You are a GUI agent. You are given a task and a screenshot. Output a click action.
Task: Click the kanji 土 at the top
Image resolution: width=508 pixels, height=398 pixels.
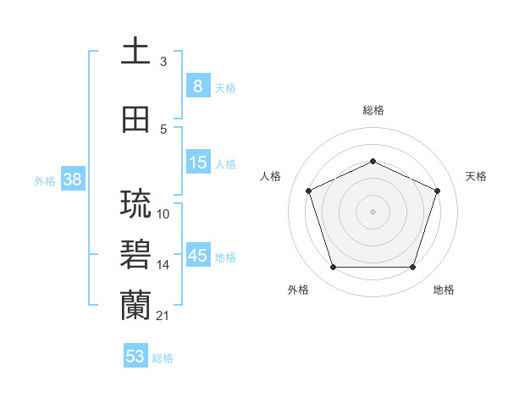[135, 52]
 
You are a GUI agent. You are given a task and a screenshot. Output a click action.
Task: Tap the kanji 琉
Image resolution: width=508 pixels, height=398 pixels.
[135, 204]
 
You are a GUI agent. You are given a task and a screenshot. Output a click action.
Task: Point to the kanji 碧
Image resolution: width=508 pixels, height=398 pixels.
[135, 255]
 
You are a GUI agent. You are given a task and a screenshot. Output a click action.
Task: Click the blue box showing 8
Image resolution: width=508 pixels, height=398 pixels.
[197, 86]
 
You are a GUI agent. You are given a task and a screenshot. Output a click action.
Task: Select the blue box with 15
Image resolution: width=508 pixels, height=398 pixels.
[197, 163]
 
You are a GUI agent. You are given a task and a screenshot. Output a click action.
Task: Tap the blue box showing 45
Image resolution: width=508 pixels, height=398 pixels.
[197, 256]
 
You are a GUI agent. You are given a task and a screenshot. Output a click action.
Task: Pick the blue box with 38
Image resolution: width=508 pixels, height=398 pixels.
[72, 180]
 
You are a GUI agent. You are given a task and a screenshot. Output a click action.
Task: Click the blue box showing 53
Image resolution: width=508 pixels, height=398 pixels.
[135, 357]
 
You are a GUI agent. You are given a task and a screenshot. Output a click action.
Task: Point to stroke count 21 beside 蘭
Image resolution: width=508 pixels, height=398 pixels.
[163, 316]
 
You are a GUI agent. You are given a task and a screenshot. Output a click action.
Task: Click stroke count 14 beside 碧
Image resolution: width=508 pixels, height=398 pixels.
[163, 265]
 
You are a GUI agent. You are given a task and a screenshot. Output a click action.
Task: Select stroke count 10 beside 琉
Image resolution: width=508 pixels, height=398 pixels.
[163, 214]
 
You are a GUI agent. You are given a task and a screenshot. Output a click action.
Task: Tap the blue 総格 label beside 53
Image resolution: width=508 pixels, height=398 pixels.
[163, 358]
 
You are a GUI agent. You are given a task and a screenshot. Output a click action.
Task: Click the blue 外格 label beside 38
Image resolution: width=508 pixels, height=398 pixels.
[45, 180]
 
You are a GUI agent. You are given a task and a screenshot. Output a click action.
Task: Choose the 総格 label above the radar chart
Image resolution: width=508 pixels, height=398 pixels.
[373, 110]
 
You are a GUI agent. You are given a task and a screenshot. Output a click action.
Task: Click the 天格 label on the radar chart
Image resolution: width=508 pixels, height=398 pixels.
[476, 176]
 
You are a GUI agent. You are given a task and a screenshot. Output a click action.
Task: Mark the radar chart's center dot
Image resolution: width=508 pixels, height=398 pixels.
[373, 212]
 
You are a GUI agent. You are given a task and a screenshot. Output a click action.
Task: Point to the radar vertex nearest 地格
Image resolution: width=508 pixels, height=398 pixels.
[412, 268]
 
